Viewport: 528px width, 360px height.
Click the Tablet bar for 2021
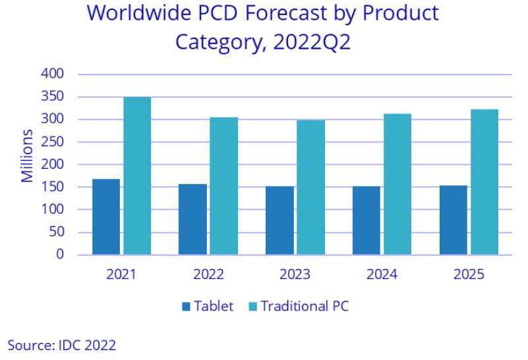click(x=106, y=216)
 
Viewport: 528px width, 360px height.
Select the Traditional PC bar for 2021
click(x=137, y=175)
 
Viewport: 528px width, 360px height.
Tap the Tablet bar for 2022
click(x=192, y=219)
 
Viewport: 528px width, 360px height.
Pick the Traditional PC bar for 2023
click(x=310, y=187)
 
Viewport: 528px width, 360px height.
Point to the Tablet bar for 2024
click(x=367, y=220)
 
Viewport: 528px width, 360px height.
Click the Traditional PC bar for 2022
click(x=223, y=186)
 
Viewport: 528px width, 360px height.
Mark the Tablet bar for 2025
click(x=453, y=220)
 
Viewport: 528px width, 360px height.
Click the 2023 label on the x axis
click(x=295, y=274)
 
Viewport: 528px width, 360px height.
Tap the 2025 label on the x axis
click(x=469, y=274)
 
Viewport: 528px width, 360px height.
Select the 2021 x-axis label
click(x=121, y=274)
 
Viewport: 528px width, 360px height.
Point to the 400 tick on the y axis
click(x=54, y=74)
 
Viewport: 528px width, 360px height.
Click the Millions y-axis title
click(x=27, y=156)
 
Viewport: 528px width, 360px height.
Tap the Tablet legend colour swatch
click(x=186, y=307)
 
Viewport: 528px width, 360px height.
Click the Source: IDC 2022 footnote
click(x=62, y=345)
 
